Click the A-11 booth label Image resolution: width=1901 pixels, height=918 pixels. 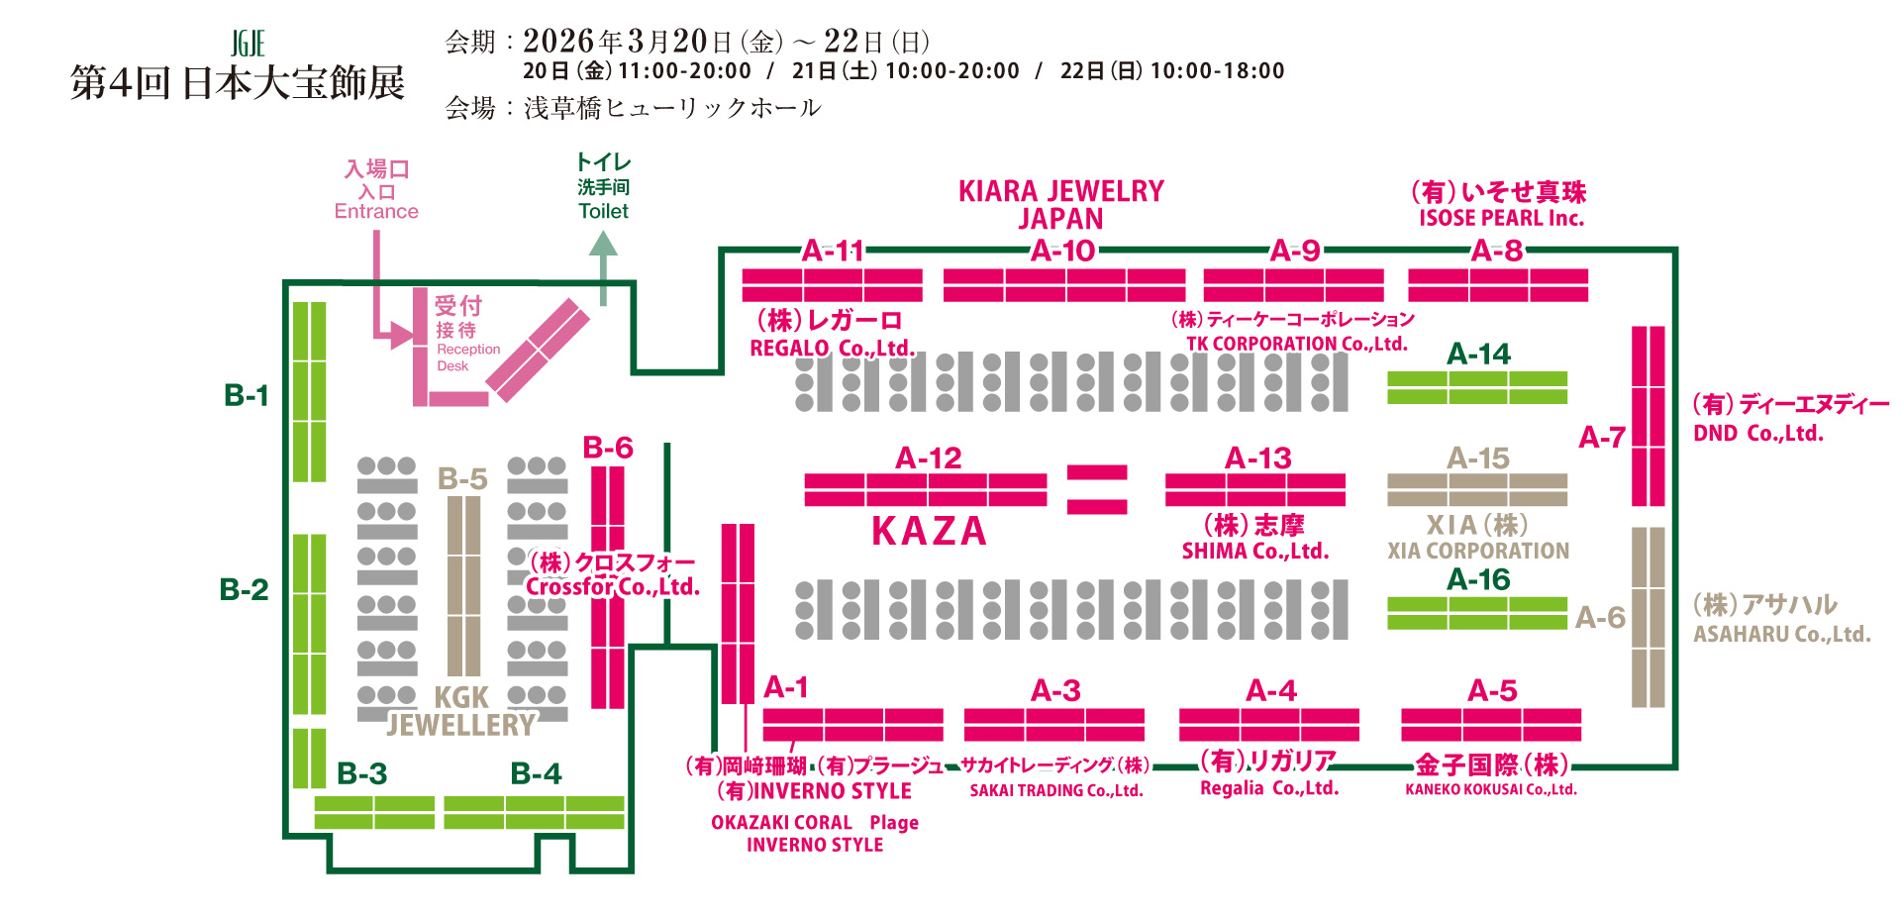833,251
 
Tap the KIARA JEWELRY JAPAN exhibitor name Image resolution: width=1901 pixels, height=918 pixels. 1060,204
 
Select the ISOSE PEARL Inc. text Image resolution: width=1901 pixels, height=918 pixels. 1501,219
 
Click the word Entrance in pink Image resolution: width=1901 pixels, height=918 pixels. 376,211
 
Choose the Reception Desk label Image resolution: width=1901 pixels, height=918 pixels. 467,357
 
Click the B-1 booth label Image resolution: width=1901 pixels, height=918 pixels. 247,395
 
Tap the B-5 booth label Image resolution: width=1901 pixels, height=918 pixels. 462,479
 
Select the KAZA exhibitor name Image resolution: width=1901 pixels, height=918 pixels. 929,532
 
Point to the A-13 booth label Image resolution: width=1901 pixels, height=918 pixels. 1257,458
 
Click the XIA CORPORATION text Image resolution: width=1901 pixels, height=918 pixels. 1477,551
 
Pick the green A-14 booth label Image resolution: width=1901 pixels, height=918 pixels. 1478,354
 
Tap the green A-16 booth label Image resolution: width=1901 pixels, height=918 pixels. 1478,579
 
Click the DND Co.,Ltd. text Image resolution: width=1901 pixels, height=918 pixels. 1757,434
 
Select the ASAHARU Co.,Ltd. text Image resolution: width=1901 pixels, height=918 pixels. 1781,634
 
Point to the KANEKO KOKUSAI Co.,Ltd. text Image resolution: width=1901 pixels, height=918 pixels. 1490,789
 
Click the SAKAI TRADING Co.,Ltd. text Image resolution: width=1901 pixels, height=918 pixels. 1055,790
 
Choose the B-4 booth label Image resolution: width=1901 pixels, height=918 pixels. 536,773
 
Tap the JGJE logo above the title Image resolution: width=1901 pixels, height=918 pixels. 248,44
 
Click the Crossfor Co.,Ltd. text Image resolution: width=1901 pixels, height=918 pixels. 612,586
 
